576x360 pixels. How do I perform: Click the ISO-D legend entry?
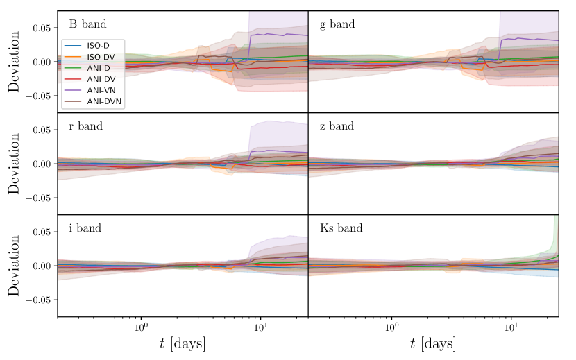tap(96, 45)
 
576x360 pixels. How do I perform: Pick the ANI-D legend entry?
tap(96, 67)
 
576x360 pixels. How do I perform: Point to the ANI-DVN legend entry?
tap(101, 101)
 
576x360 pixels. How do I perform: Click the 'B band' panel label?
tap(87, 24)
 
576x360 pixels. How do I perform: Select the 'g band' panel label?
tap(337, 24)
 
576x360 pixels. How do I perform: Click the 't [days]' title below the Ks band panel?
tap(433, 344)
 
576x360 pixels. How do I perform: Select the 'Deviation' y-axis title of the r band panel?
tap(15, 164)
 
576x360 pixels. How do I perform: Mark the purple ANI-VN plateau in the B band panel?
tap(278, 34)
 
